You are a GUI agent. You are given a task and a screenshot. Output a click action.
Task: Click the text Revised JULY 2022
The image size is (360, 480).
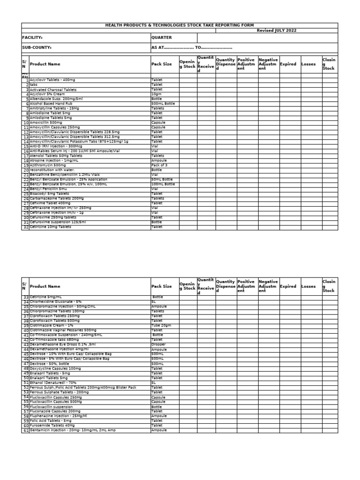pyautogui.click(x=276, y=30)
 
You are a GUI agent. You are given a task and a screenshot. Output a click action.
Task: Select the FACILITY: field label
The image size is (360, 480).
pyautogui.click(x=32, y=37)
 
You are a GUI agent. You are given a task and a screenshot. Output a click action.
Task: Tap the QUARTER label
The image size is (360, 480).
pyautogui.click(x=161, y=37)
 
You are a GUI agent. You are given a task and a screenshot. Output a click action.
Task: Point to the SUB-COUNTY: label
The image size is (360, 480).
pyautogui.click(x=37, y=48)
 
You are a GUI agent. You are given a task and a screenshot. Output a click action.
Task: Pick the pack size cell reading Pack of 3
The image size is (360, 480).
pyautogui.click(x=160, y=165)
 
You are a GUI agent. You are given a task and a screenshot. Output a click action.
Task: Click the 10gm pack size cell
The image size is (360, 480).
pyautogui.click(x=157, y=94)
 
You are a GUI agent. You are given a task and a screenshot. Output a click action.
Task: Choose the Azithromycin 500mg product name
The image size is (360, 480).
pyautogui.click(x=48, y=165)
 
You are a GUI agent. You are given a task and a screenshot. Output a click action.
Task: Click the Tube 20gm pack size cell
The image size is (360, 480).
pyautogui.click(x=161, y=325)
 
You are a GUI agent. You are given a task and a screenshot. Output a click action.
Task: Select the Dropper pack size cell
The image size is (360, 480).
pyautogui.click(x=158, y=345)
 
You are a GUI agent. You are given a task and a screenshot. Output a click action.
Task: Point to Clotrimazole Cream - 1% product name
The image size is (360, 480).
pyautogui.click(x=52, y=325)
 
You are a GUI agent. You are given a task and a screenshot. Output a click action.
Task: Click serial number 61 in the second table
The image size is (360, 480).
pyautogui.click(x=26, y=430)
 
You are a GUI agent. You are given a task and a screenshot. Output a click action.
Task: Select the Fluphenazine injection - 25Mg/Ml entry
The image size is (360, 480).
pyautogui.click(x=59, y=416)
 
